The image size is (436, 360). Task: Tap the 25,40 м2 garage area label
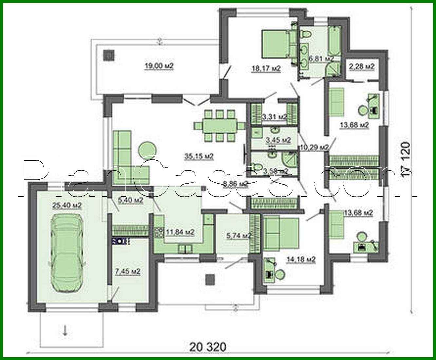tap(67, 205)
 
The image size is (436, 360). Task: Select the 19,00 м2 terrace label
tap(159, 66)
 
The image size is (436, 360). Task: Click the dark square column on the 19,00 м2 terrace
tap(109, 55)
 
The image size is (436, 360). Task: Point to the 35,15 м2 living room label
tap(199, 157)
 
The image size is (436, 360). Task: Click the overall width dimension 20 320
tap(208, 346)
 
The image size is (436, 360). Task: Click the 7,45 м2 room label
tap(127, 271)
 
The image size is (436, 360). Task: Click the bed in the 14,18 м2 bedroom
tap(282, 233)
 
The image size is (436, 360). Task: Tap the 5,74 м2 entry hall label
tap(239, 235)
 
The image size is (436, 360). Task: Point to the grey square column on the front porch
tap(210, 280)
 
